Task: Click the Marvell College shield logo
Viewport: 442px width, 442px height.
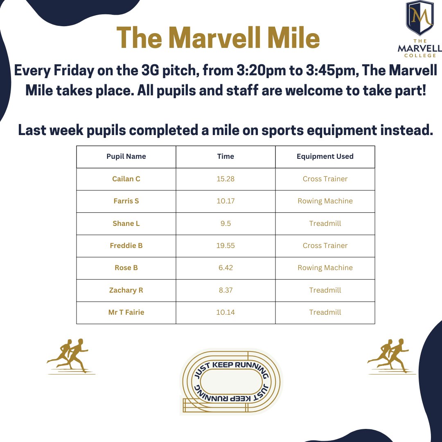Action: click(x=419, y=18)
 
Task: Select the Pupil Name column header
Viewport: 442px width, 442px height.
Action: click(x=126, y=156)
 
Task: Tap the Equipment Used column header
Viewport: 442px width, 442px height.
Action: click(x=325, y=156)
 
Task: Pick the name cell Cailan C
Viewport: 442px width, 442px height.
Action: click(x=126, y=179)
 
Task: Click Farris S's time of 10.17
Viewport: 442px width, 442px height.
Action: click(x=226, y=201)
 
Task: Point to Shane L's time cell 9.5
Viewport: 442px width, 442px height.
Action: click(x=226, y=223)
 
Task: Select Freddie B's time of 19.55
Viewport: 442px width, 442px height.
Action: click(x=226, y=246)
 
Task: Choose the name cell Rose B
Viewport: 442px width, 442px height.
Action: click(x=126, y=268)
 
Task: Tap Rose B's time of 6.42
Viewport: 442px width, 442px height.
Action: click(x=226, y=268)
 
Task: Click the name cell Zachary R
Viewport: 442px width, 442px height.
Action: click(x=126, y=290)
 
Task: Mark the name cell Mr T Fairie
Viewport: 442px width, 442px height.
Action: click(x=126, y=312)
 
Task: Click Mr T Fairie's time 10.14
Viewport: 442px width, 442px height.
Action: click(x=226, y=312)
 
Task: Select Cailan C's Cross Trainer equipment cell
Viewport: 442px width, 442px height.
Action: click(x=325, y=179)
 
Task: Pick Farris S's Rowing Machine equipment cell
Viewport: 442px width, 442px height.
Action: click(x=325, y=201)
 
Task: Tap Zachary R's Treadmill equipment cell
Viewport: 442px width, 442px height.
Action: click(x=325, y=290)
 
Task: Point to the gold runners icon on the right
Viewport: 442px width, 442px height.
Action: click(x=391, y=356)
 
